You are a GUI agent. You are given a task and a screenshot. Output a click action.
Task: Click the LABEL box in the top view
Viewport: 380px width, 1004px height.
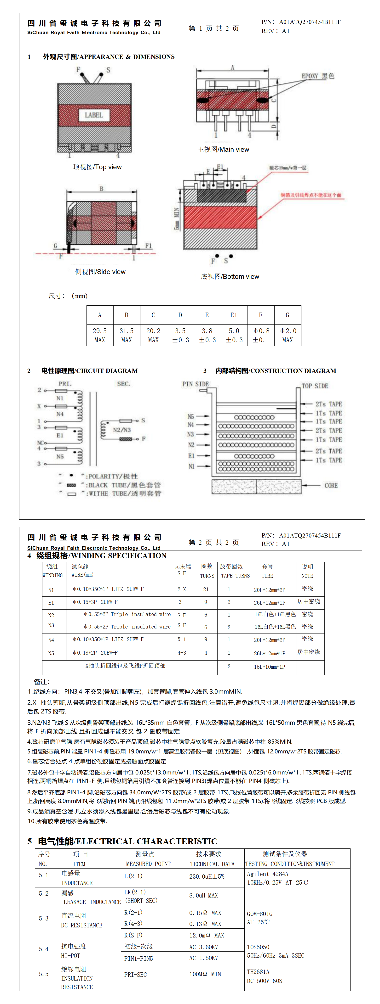pos(94,115)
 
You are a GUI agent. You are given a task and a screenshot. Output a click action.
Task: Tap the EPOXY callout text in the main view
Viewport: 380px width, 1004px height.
pos(317,76)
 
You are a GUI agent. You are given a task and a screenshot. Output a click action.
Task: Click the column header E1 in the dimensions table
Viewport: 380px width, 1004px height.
pos(233,315)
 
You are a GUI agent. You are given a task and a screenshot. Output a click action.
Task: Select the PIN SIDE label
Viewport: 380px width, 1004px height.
pos(196,384)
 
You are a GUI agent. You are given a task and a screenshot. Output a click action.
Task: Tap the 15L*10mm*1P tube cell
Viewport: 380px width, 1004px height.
pos(269,667)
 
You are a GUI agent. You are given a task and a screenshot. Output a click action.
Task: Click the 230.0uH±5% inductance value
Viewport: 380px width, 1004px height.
pos(207,876)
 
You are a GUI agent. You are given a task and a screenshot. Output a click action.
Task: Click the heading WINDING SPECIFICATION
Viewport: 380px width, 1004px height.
pos(101,555)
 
